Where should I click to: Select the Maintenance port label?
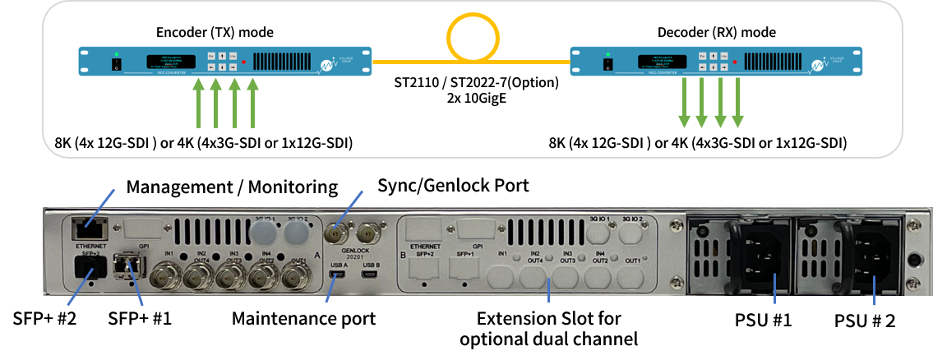[x=303, y=318]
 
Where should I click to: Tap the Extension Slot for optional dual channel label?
[x=549, y=327]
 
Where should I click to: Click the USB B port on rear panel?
[x=371, y=275]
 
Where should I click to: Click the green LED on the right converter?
[x=607, y=54]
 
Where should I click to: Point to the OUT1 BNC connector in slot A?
[x=292, y=280]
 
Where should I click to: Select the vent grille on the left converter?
[x=286, y=61]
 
